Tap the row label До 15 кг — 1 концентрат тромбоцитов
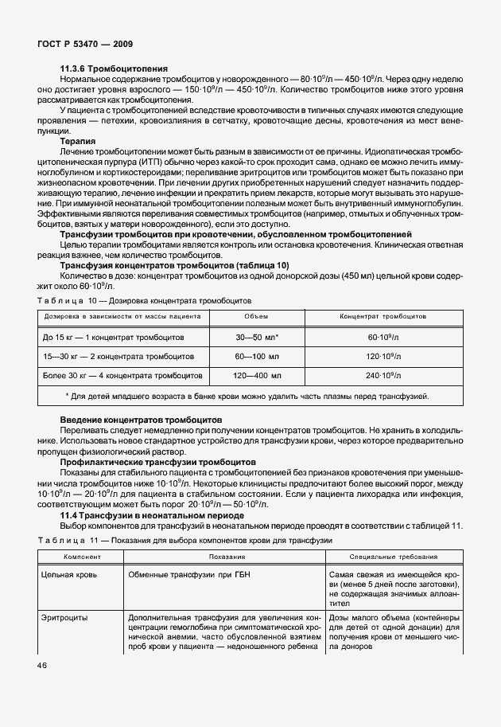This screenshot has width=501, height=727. pos(114,337)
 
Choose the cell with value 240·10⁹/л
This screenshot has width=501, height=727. pos(382,375)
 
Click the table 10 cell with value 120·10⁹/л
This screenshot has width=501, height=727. pos(382,356)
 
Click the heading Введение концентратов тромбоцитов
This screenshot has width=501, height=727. pos(141,420)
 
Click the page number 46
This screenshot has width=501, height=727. pos(41,666)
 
